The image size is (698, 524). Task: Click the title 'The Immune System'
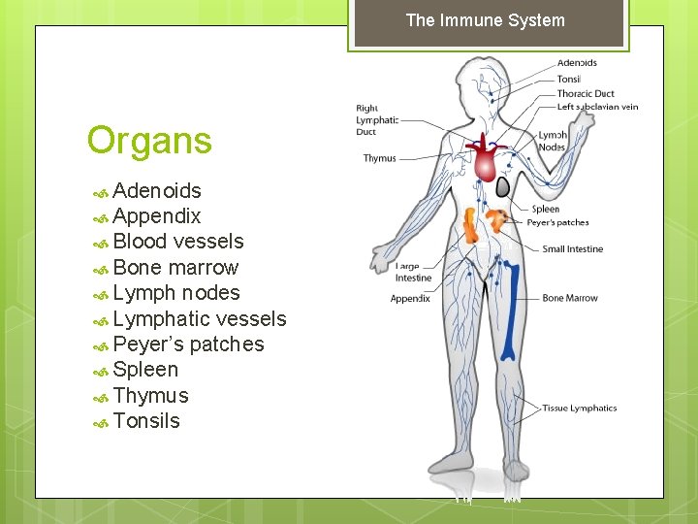coord(485,20)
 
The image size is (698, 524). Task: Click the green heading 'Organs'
coord(149,141)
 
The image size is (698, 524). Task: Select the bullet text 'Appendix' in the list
coord(157,215)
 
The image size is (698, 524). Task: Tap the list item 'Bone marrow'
coord(175,267)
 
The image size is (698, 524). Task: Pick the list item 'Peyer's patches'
coord(188,344)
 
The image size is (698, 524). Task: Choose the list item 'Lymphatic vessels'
coord(200,318)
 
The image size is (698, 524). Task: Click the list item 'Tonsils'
coord(146,420)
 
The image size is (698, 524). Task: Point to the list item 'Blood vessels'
coord(178,241)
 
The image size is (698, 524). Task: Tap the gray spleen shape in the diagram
coord(503,186)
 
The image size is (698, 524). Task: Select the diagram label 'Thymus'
coord(380,158)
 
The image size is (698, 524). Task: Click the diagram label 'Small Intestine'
coord(572,249)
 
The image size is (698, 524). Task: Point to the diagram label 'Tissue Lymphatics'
coord(579,409)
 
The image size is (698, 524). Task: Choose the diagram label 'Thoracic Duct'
coord(586,94)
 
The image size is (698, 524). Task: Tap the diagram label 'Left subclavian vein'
coord(597,107)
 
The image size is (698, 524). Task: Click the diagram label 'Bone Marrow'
coord(570,298)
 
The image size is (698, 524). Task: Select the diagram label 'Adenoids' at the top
coord(576,64)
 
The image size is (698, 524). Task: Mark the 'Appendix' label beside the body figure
coord(410,299)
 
